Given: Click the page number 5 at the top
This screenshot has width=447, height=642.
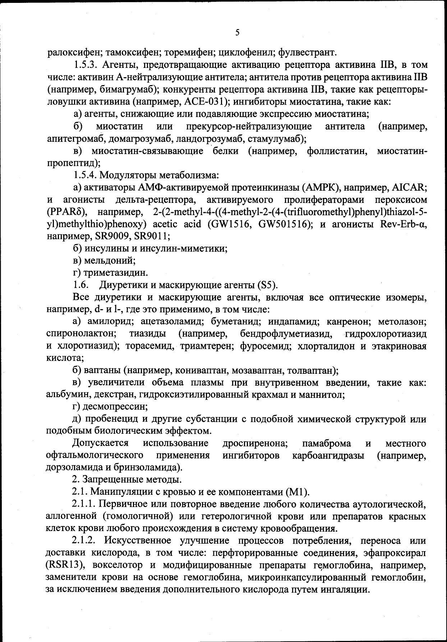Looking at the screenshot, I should point(237,33).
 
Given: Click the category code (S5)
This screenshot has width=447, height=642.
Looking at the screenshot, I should point(267,285).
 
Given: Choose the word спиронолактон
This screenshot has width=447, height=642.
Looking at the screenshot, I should point(81,334).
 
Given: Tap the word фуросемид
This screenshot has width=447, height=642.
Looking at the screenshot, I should point(261,346).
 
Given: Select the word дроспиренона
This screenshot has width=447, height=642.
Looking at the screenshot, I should point(255,443).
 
